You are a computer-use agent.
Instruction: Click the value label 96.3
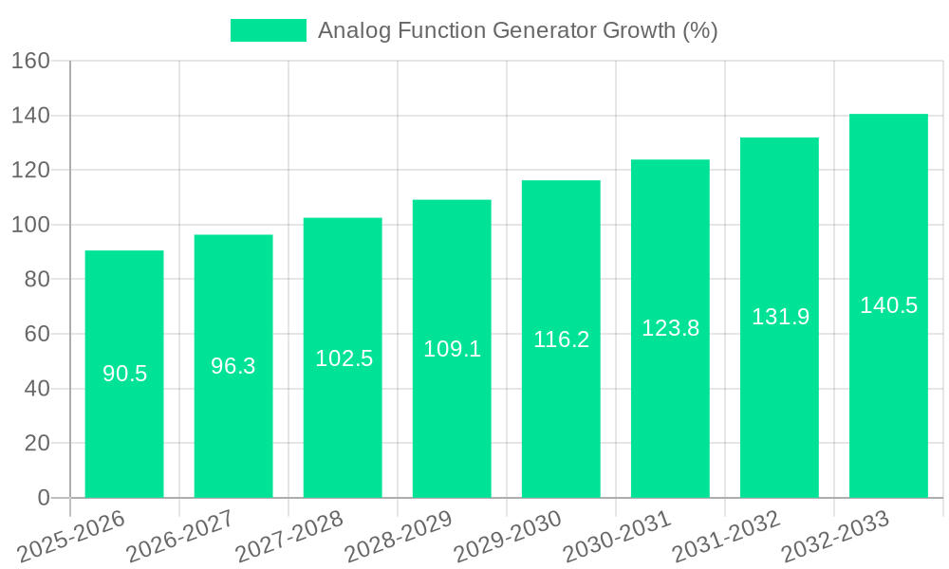coord(233,366)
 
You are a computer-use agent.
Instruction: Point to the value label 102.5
coord(344,358)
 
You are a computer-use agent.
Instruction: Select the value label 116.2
coord(561,340)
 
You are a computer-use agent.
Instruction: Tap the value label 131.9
coord(780,317)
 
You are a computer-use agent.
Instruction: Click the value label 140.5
coord(888,305)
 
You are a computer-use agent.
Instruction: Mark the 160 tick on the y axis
coord(30,62)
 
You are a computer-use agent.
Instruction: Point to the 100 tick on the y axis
coord(30,225)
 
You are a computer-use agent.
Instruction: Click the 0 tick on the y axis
coord(43,498)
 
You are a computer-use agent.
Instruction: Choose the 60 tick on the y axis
coord(36,334)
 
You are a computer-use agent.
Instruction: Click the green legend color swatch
coord(269,30)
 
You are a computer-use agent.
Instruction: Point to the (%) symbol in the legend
coord(699,30)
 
